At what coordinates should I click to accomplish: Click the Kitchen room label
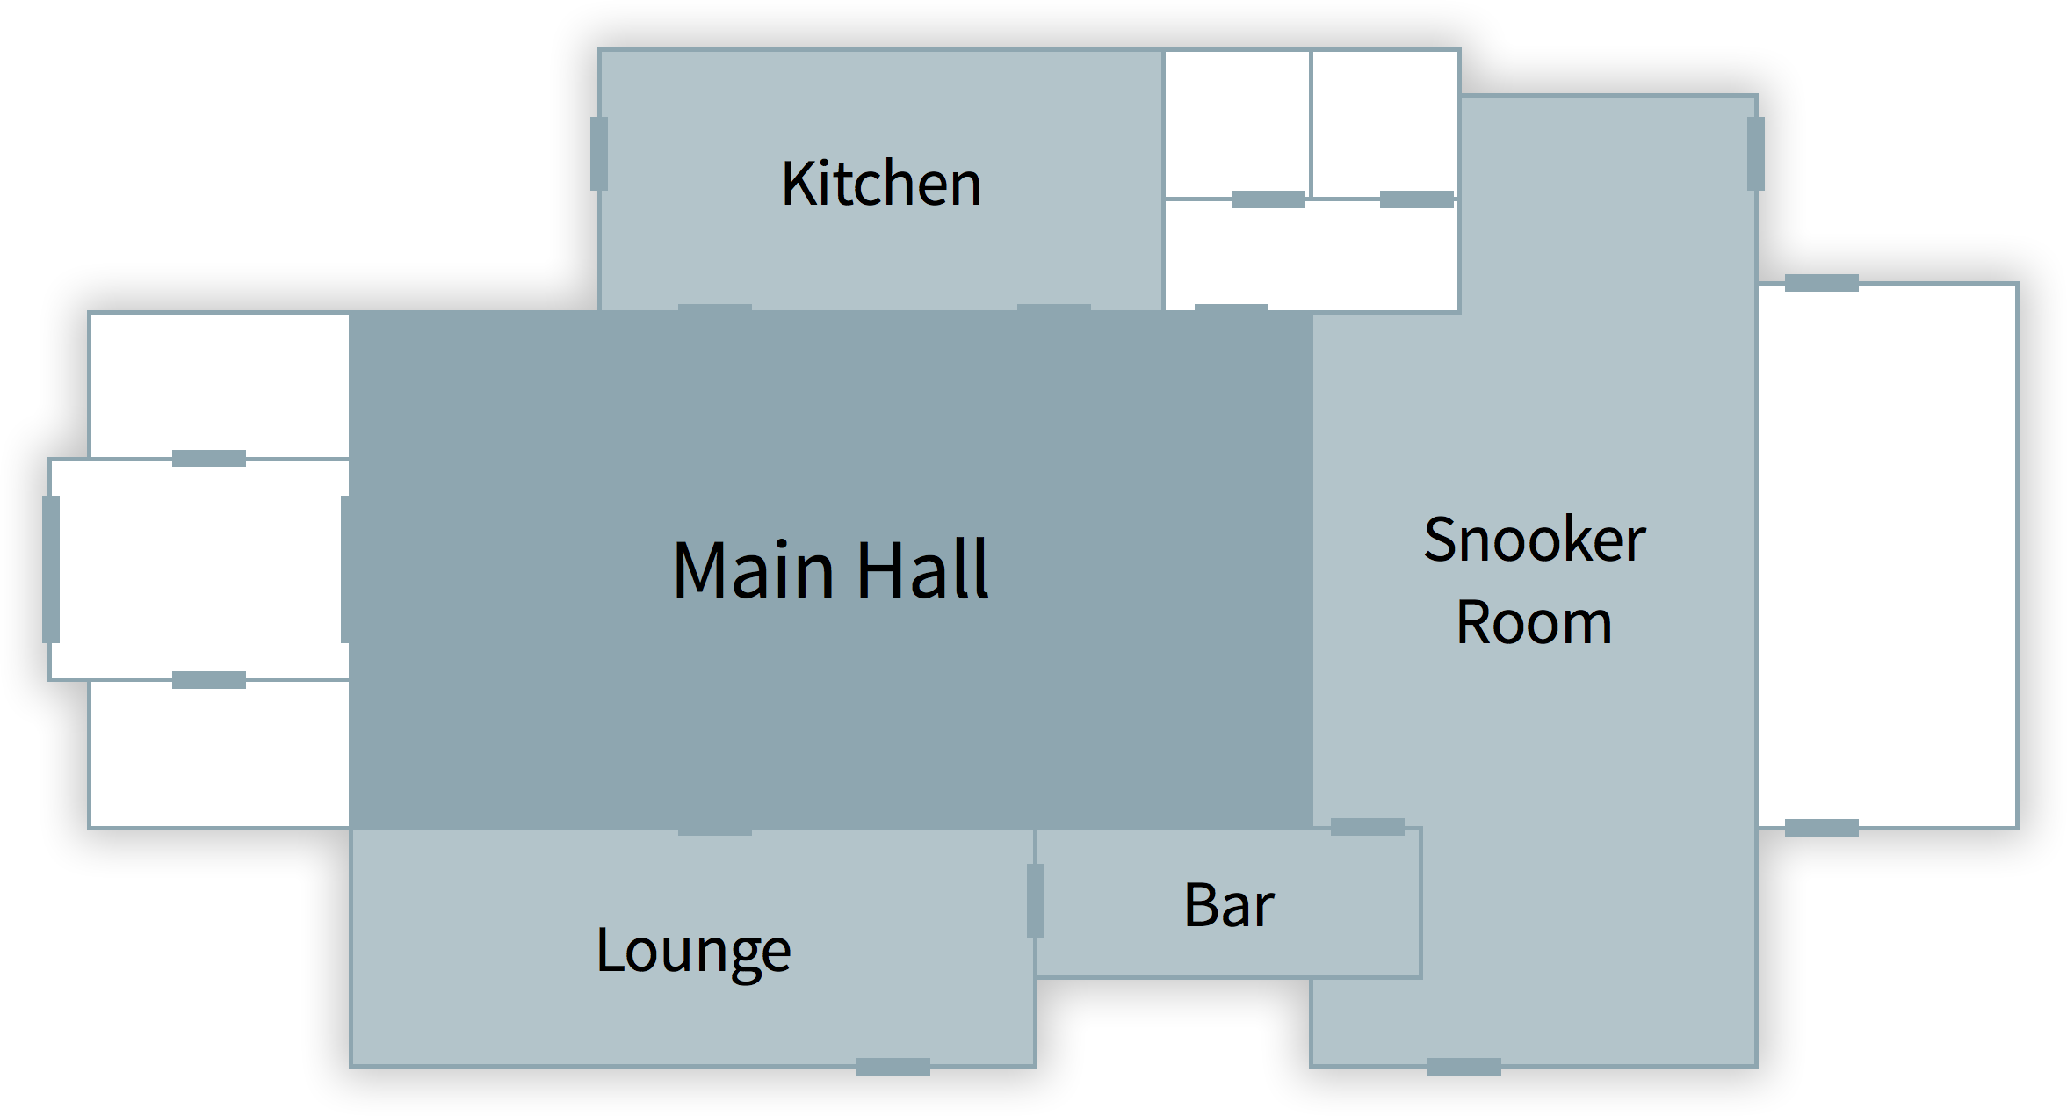(x=881, y=183)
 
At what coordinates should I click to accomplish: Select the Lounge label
(x=693, y=951)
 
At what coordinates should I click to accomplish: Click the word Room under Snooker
(x=1534, y=622)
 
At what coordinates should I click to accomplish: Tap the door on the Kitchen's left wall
(x=599, y=154)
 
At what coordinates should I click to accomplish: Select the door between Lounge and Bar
(x=1036, y=901)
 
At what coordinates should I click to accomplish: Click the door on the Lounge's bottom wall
(x=893, y=1067)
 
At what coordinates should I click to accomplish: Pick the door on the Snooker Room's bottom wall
(x=1464, y=1067)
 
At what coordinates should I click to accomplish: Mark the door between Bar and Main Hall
(x=1368, y=827)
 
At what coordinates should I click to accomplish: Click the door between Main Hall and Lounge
(x=715, y=829)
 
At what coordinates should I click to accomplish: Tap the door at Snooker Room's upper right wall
(x=1756, y=154)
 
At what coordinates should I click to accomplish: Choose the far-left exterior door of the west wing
(x=51, y=569)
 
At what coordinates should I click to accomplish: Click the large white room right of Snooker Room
(x=1888, y=555)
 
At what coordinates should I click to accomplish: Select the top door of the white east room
(x=1822, y=283)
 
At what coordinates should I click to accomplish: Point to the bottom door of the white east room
(x=1822, y=828)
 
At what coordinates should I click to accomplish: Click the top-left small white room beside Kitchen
(x=1237, y=124)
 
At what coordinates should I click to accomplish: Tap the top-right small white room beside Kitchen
(x=1384, y=124)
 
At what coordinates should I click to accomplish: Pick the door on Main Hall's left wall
(x=346, y=569)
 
